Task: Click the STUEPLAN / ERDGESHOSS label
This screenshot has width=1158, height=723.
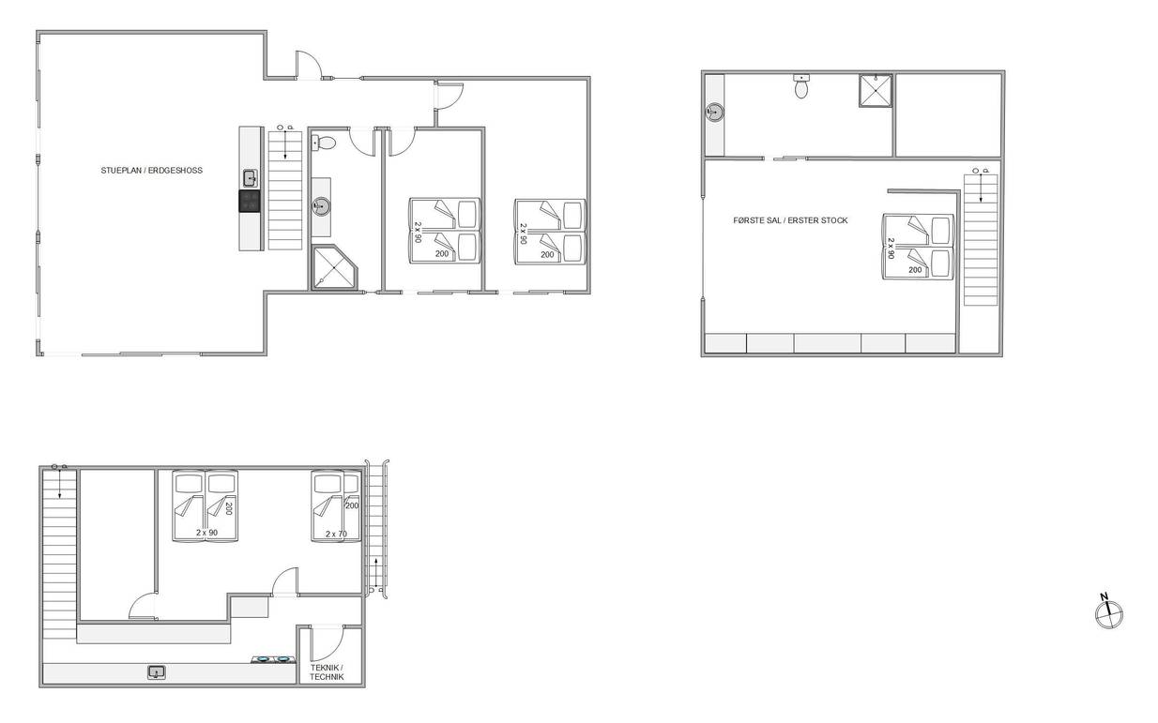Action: (x=151, y=171)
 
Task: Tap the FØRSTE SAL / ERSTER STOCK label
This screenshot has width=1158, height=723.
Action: (x=790, y=220)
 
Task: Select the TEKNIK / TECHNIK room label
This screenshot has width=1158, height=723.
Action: (x=327, y=672)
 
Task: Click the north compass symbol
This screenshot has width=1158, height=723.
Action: (x=1109, y=613)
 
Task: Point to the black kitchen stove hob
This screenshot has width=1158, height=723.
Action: (x=250, y=201)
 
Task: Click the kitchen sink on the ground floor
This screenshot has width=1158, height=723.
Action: (x=251, y=179)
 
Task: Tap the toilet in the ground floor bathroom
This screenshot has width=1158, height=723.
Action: (x=324, y=143)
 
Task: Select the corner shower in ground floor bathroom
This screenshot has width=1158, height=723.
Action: (x=335, y=267)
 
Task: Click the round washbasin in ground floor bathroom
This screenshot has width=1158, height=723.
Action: (x=321, y=206)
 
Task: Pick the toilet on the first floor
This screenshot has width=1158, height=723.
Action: (x=801, y=86)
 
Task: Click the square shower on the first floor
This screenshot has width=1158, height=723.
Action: (x=876, y=91)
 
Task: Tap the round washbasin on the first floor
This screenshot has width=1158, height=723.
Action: (x=715, y=112)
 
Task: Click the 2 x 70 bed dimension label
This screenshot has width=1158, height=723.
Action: (x=336, y=534)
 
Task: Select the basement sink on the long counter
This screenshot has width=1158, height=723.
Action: (x=156, y=672)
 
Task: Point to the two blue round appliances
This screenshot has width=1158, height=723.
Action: (x=272, y=659)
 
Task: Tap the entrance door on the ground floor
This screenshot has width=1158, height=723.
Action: (x=309, y=65)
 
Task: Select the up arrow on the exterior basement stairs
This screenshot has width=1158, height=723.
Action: (x=375, y=570)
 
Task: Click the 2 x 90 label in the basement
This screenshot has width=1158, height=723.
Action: (x=206, y=533)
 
